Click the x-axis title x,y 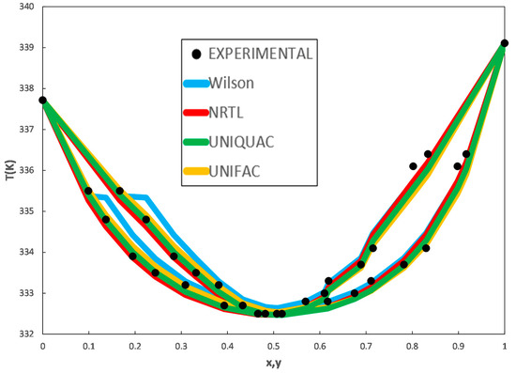tap(273, 362)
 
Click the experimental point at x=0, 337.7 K tap(42, 100)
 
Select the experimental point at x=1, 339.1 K tap(505, 43)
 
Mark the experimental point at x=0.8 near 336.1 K tap(413, 166)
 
